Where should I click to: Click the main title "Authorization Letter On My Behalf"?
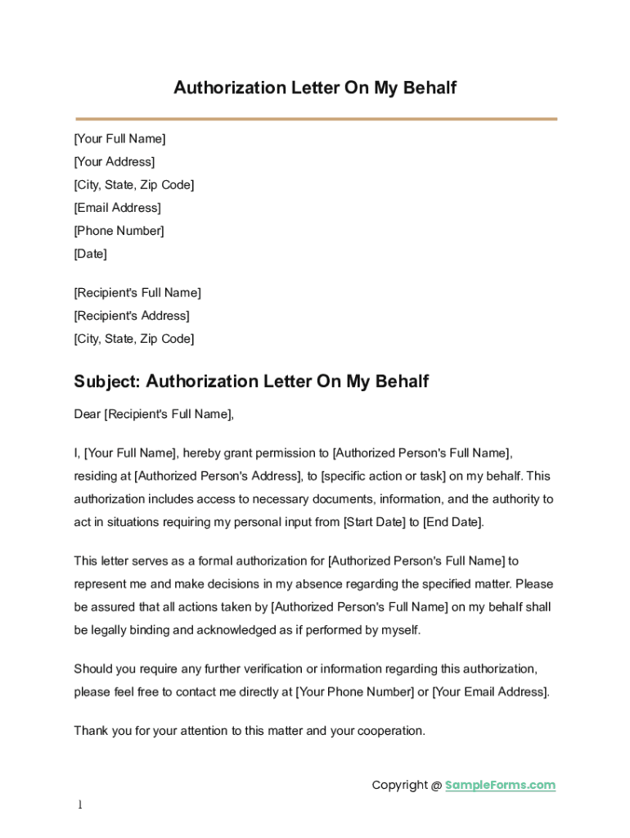pyautogui.click(x=315, y=88)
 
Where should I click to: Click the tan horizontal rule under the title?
pyautogui.click(x=315, y=119)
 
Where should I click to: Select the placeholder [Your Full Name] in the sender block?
pyautogui.click(x=119, y=139)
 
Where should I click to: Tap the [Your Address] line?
pyautogui.click(x=115, y=162)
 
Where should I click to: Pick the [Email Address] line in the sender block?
pyautogui.click(x=117, y=208)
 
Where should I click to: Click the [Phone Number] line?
pyautogui.click(x=119, y=231)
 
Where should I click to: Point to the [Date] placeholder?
pyautogui.click(x=90, y=254)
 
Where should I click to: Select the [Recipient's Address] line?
pyautogui.click(x=132, y=316)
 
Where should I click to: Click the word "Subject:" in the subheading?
pyautogui.click(x=107, y=381)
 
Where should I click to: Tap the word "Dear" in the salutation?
pyautogui.click(x=87, y=414)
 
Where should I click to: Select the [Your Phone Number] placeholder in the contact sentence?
pyautogui.click(x=354, y=692)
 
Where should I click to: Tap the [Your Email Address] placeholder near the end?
pyautogui.click(x=490, y=692)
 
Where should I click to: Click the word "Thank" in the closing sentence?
pyautogui.click(x=90, y=732)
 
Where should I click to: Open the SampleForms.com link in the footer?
pyautogui.click(x=500, y=786)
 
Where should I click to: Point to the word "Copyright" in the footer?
pyautogui.click(x=399, y=786)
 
